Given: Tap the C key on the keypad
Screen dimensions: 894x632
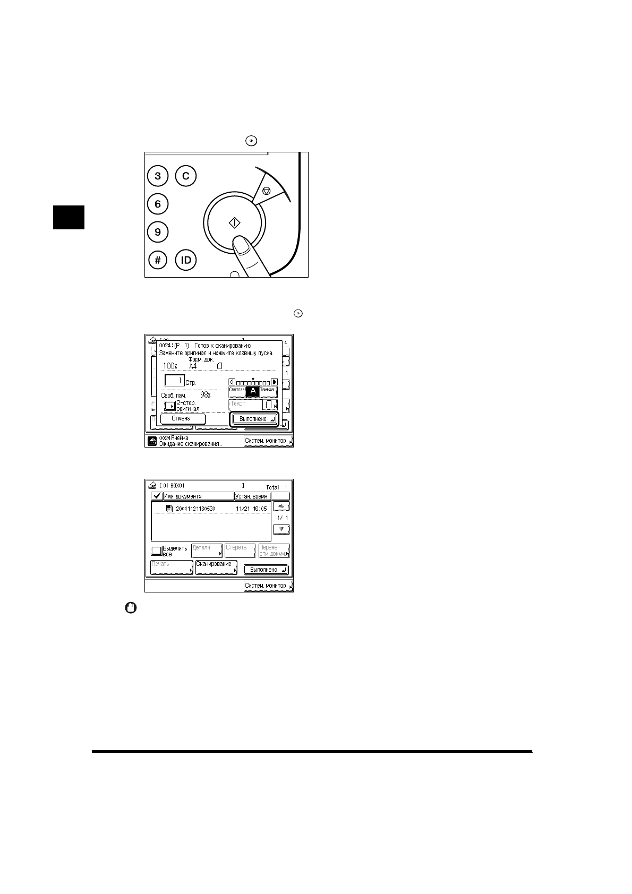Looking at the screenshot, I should pyautogui.click(x=186, y=176).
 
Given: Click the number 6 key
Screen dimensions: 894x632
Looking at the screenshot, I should pyautogui.click(x=158, y=204).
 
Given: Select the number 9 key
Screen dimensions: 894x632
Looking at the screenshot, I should pyautogui.click(x=158, y=232).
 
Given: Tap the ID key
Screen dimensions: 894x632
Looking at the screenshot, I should pyautogui.click(x=186, y=260).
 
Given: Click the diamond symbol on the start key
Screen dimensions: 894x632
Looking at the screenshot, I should pyautogui.click(x=235, y=222).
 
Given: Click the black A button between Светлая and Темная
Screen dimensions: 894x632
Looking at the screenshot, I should pyautogui.click(x=253, y=391).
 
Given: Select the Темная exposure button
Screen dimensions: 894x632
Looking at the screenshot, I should pyautogui.click(x=268, y=390).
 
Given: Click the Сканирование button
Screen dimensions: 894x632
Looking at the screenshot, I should pyautogui.click(x=216, y=567).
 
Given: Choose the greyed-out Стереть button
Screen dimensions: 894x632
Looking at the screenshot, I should pyautogui.click(x=240, y=550).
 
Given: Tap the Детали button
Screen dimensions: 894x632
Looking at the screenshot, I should pyautogui.click(x=207, y=550).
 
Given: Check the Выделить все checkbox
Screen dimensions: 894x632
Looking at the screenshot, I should pyautogui.click(x=156, y=551).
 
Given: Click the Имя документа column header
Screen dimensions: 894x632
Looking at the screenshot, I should pyautogui.click(x=198, y=496).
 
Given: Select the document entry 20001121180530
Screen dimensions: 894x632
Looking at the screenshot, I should pyautogui.click(x=195, y=509).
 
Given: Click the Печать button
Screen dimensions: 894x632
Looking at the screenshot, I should pyautogui.click(x=171, y=567).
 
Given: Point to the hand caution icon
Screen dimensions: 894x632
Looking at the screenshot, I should pyautogui.click(x=130, y=608).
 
